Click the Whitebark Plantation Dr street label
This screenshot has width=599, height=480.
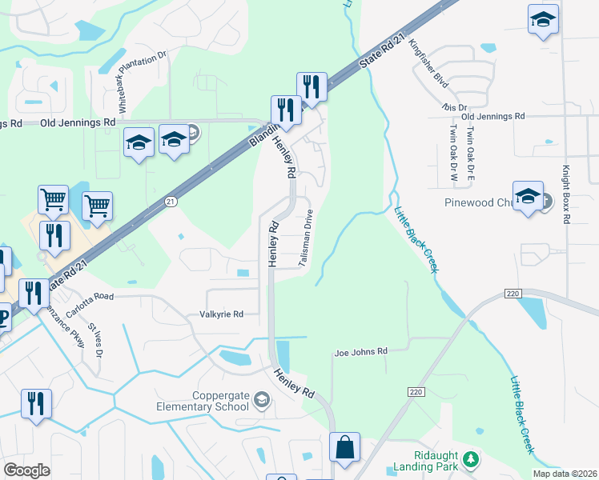coord(143,81)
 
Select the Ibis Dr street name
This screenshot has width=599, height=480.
coord(453,107)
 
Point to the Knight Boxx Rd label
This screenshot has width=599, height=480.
coord(565,194)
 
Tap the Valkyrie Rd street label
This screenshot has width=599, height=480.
coord(221,314)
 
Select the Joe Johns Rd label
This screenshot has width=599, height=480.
coord(360,351)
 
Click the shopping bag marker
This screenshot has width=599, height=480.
coord(344,448)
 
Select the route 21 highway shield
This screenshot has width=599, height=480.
coord(171,203)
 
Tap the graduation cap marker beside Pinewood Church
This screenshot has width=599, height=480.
coord(528,196)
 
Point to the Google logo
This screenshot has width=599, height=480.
coord(27,470)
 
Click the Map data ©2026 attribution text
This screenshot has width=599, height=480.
coord(564,474)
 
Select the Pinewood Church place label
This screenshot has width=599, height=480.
coord(477,202)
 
